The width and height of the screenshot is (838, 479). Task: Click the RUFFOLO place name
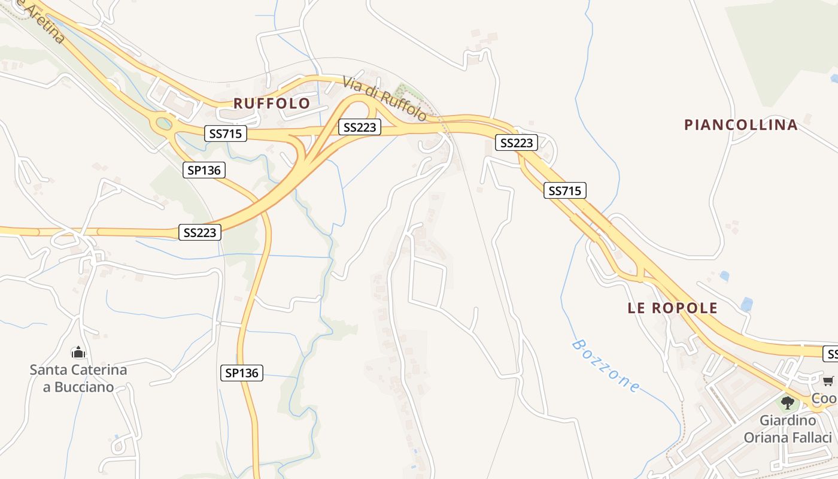pos(272,103)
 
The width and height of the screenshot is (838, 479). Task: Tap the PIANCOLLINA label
pos(740,125)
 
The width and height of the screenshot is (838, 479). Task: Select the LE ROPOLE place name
pos(672,308)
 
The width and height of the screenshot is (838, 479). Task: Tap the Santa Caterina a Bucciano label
pos(78,378)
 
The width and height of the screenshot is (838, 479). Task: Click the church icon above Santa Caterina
pos(78,352)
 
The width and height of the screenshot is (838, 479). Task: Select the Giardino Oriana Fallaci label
pos(788,429)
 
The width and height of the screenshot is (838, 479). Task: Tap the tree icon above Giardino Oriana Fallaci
pos(788,402)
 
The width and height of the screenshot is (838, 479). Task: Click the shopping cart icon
pos(828,381)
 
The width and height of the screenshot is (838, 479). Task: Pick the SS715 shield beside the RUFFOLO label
pos(226,133)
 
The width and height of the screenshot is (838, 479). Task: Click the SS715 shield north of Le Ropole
pos(564,190)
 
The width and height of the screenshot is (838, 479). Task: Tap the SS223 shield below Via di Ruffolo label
pos(359,127)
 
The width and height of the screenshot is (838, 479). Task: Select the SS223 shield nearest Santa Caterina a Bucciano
pos(200,232)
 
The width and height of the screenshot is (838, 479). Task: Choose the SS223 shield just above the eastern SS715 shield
pos(516,143)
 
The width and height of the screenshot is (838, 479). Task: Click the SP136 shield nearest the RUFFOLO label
pos(204,170)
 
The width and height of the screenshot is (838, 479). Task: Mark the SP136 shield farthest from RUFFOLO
pos(241,373)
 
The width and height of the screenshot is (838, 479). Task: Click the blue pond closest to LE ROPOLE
pos(746,304)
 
